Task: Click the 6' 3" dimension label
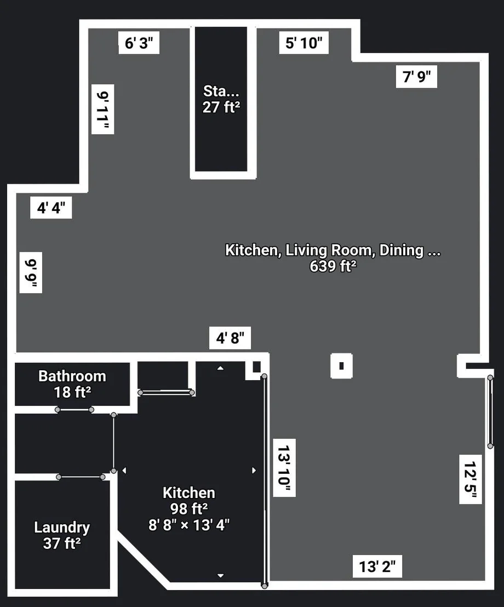click(x=139, y=43)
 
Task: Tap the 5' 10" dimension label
click(x=304, y=43)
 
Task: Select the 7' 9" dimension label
click(x=416, y=77)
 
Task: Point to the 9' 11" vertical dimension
click(x=102, y=109)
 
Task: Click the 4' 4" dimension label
click(x=51, y=208)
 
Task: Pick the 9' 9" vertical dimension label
click(x=31, y=272)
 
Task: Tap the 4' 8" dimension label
click(x=230, y=338)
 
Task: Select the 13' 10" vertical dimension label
click(x=284, y=468)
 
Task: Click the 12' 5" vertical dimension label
click(x=471, y=479)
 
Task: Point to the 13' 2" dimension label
click(x=377, y=566)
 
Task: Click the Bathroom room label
click(x=72, y=376)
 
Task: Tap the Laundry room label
click(x=62, y=527)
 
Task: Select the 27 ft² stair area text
click(x=221, y=107)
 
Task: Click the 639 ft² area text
click(x=333, y=266)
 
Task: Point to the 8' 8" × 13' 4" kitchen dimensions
click(x=189, y=525)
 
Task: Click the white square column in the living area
click(x=341, y=366)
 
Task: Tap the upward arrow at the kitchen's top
click(x=220, y=368)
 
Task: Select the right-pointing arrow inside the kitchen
click(x=254, y=471)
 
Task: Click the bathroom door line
click(x=75, y=410)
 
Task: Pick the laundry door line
click(x=81, y=477)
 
